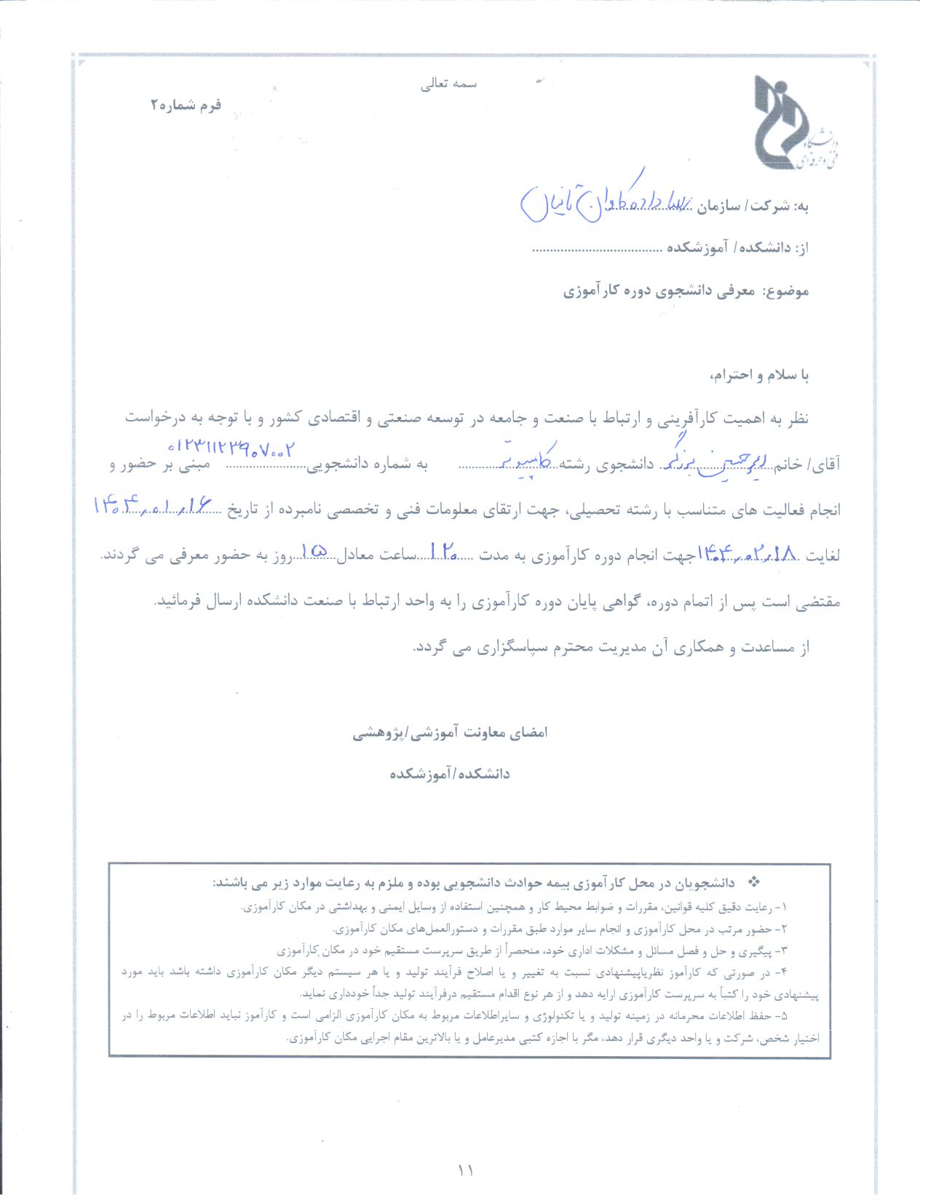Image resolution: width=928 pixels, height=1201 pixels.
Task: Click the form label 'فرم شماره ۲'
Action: click(x=186, y=105)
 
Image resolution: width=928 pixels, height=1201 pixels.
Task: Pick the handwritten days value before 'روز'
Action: click(x=315, y=553)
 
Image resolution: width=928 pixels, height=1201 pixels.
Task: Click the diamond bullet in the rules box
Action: click(x=754, y=882)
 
